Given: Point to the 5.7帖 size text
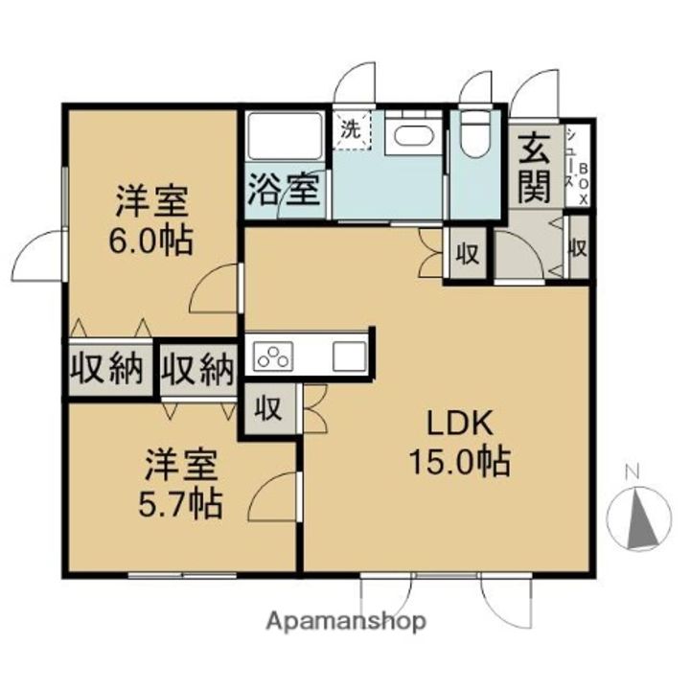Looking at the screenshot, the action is (180, 504).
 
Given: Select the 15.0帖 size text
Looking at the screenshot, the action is (460, 462).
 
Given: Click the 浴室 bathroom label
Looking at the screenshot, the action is (284, 190).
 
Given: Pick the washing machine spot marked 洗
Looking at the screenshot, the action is (352, 130).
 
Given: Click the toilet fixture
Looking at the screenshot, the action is (474, 133).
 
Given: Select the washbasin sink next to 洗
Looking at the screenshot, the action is (413, 135).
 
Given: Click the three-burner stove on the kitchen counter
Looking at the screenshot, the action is (273, 355).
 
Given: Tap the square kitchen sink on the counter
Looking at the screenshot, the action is (350, 356).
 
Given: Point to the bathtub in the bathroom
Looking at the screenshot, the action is (286, 136).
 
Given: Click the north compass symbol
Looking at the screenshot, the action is (638, 517).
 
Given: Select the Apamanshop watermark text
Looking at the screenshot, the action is (346, 621).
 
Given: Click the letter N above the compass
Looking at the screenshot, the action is (632, 472).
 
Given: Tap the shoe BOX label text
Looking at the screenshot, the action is (584, 184).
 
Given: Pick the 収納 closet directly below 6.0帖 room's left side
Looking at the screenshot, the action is (107, 369).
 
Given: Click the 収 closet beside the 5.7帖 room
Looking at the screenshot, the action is (269, 409).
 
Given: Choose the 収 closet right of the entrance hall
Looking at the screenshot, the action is (578, 248).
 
